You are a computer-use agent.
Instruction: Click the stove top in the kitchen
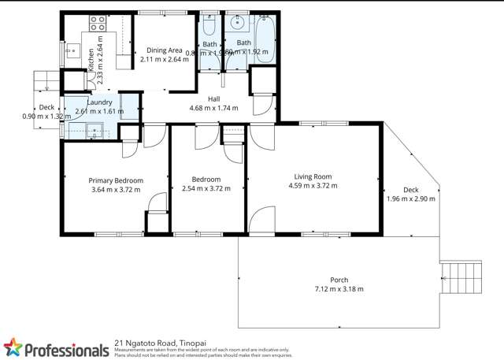tap(98, 23)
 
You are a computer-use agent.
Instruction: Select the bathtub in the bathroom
tap(264, 39)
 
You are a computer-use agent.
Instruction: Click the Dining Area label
tap(164, 50)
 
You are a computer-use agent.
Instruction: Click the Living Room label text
tap(313, 176)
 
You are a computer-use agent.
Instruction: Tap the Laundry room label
tap(99, 102)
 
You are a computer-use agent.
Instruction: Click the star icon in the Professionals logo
tap(13, 347)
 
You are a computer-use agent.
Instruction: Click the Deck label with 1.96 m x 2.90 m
tap(410, 190)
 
